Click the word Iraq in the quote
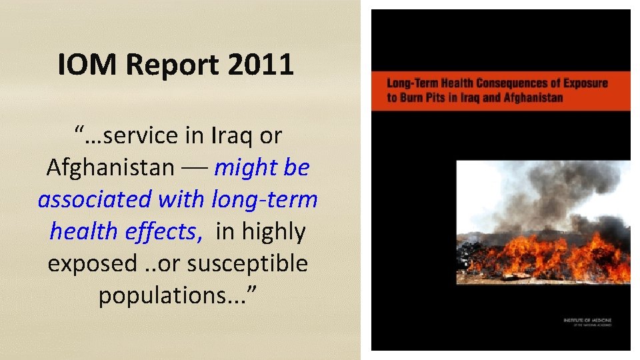pos(234,136)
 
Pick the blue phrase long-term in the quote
pos(264,199)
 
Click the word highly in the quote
pos(273,231)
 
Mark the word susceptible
pos(247,263)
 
